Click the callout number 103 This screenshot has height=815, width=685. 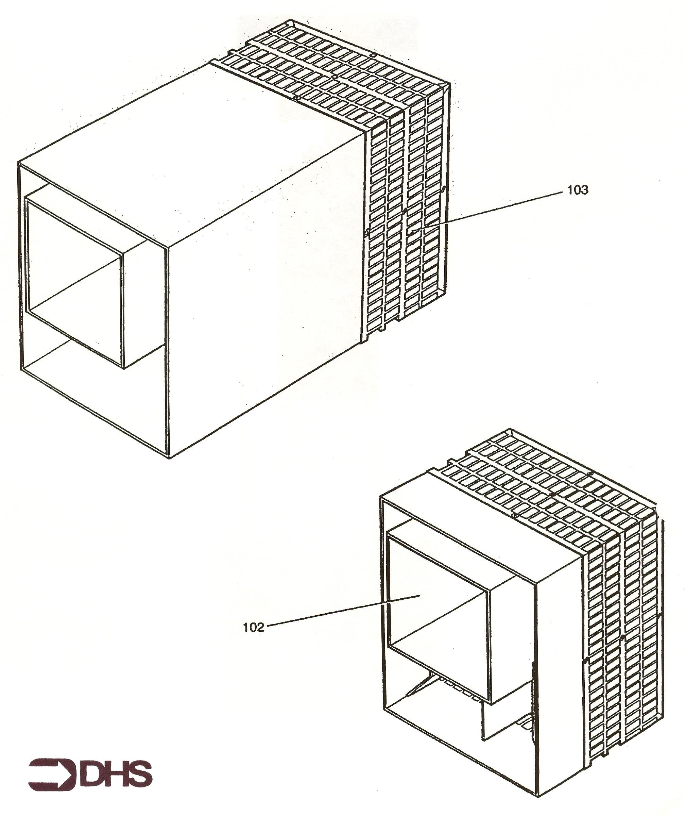pyautogui.click(x=578, y=190)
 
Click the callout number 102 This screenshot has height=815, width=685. pyautogui.click(x=254, y=627)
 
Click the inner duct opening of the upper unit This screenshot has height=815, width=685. pyautogui.click(x=74, y=280)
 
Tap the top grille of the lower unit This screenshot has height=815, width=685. pyautogui.click(x=544, y=493)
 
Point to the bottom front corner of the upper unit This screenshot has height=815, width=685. pyautogui.click(x=169, y=458)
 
